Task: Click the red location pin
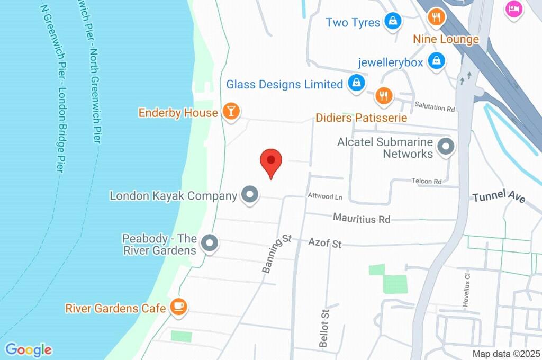coord(271,161)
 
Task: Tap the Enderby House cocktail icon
coord(231,112)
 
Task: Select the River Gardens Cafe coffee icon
coord(178,307)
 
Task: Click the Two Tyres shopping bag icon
coord(392,21)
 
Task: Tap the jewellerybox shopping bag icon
coord(436,60)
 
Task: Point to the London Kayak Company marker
coord(250,194)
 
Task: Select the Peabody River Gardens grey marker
coord(210,243)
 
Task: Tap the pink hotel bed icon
coord(513,8)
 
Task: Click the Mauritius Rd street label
coord(362,218)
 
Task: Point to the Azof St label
coord(325,243)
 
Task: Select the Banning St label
coord(277,254)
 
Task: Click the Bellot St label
coord(324,328)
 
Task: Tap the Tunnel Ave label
coord(499,197)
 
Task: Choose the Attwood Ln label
coord(325,197)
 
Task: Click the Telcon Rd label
coord(427,181)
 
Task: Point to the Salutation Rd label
coord(435,108)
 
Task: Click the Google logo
coord(29,349)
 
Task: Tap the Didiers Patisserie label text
coord(361,118)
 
